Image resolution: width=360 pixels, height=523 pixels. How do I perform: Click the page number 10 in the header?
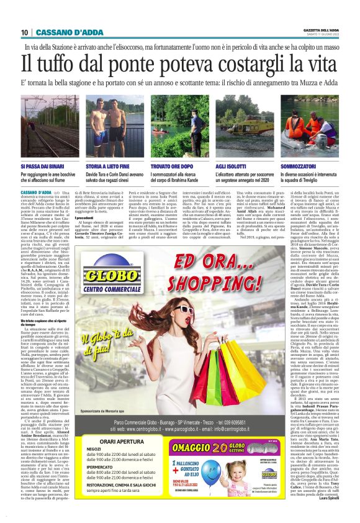(25, 33)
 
